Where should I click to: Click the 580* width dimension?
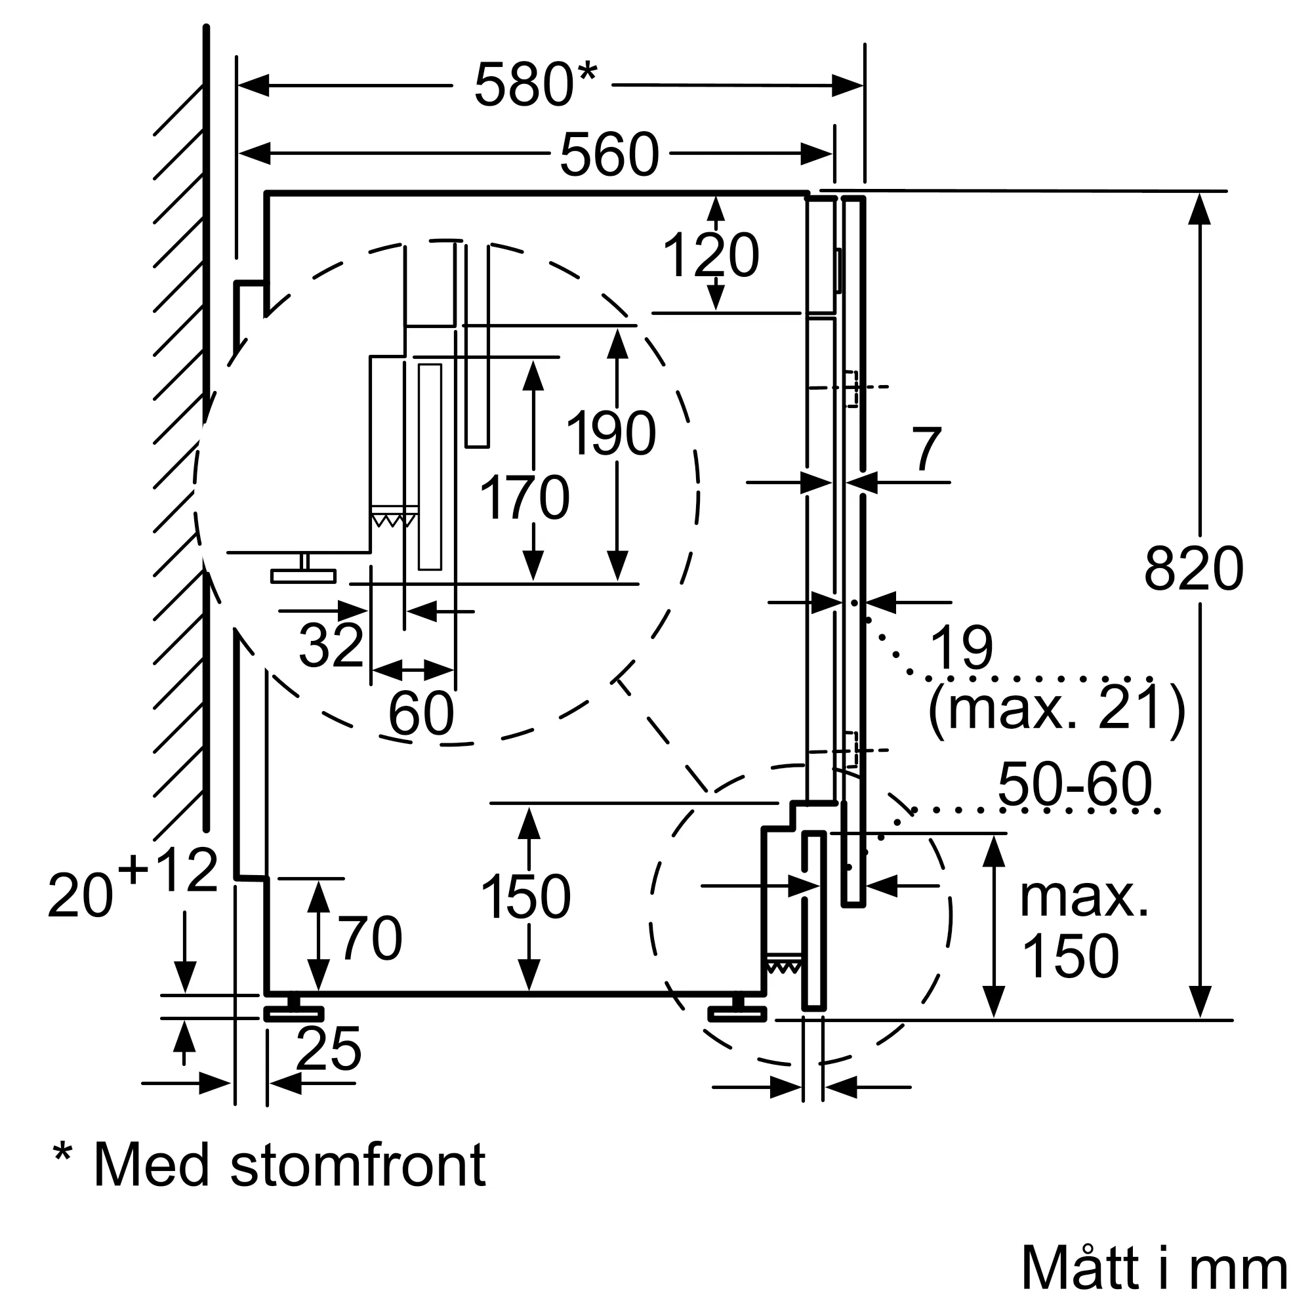click(x=535, y=85)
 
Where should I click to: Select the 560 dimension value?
click(x=609, y=155)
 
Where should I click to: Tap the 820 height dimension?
click(x=1193, y=569)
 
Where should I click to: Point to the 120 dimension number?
click(x=710, y=256)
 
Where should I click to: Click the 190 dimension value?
click(x=611, y=433)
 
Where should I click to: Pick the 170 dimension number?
click(x=524, y=499)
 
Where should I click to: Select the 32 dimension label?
click(x=331, y=645)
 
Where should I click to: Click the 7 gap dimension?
click(x=927, y=449)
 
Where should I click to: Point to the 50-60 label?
click(x=1075, y=784)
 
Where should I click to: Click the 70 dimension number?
click(x=371, y=939)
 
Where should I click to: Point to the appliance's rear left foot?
click(x=293, y=1012)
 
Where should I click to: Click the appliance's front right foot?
click(x=737, y=1012)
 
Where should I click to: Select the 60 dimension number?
click(x=421, y=713)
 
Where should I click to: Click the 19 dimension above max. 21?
click(x=961, y=648)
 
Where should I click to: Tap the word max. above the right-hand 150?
click(x=1084, y=898)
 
